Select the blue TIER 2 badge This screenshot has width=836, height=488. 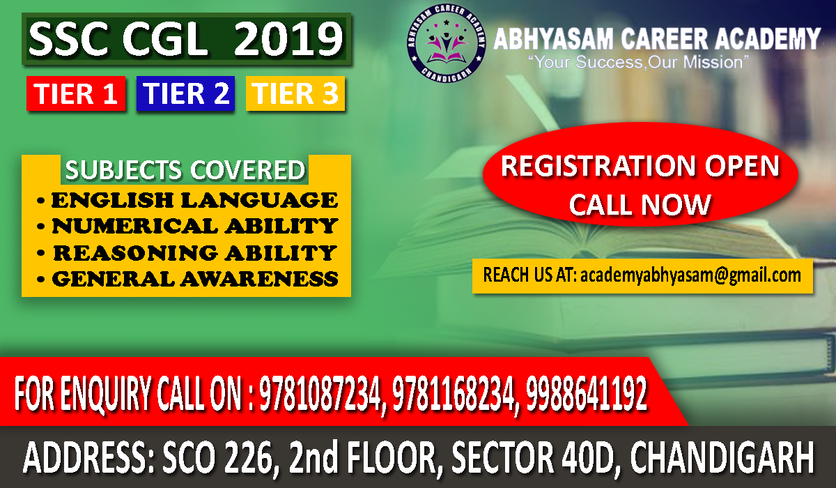185,94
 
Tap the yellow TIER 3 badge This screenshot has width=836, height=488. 295,94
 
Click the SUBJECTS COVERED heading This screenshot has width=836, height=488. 185,171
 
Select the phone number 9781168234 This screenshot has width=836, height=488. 454,395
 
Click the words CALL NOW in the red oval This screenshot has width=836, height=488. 640,204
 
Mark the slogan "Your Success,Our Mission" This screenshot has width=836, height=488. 638,63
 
